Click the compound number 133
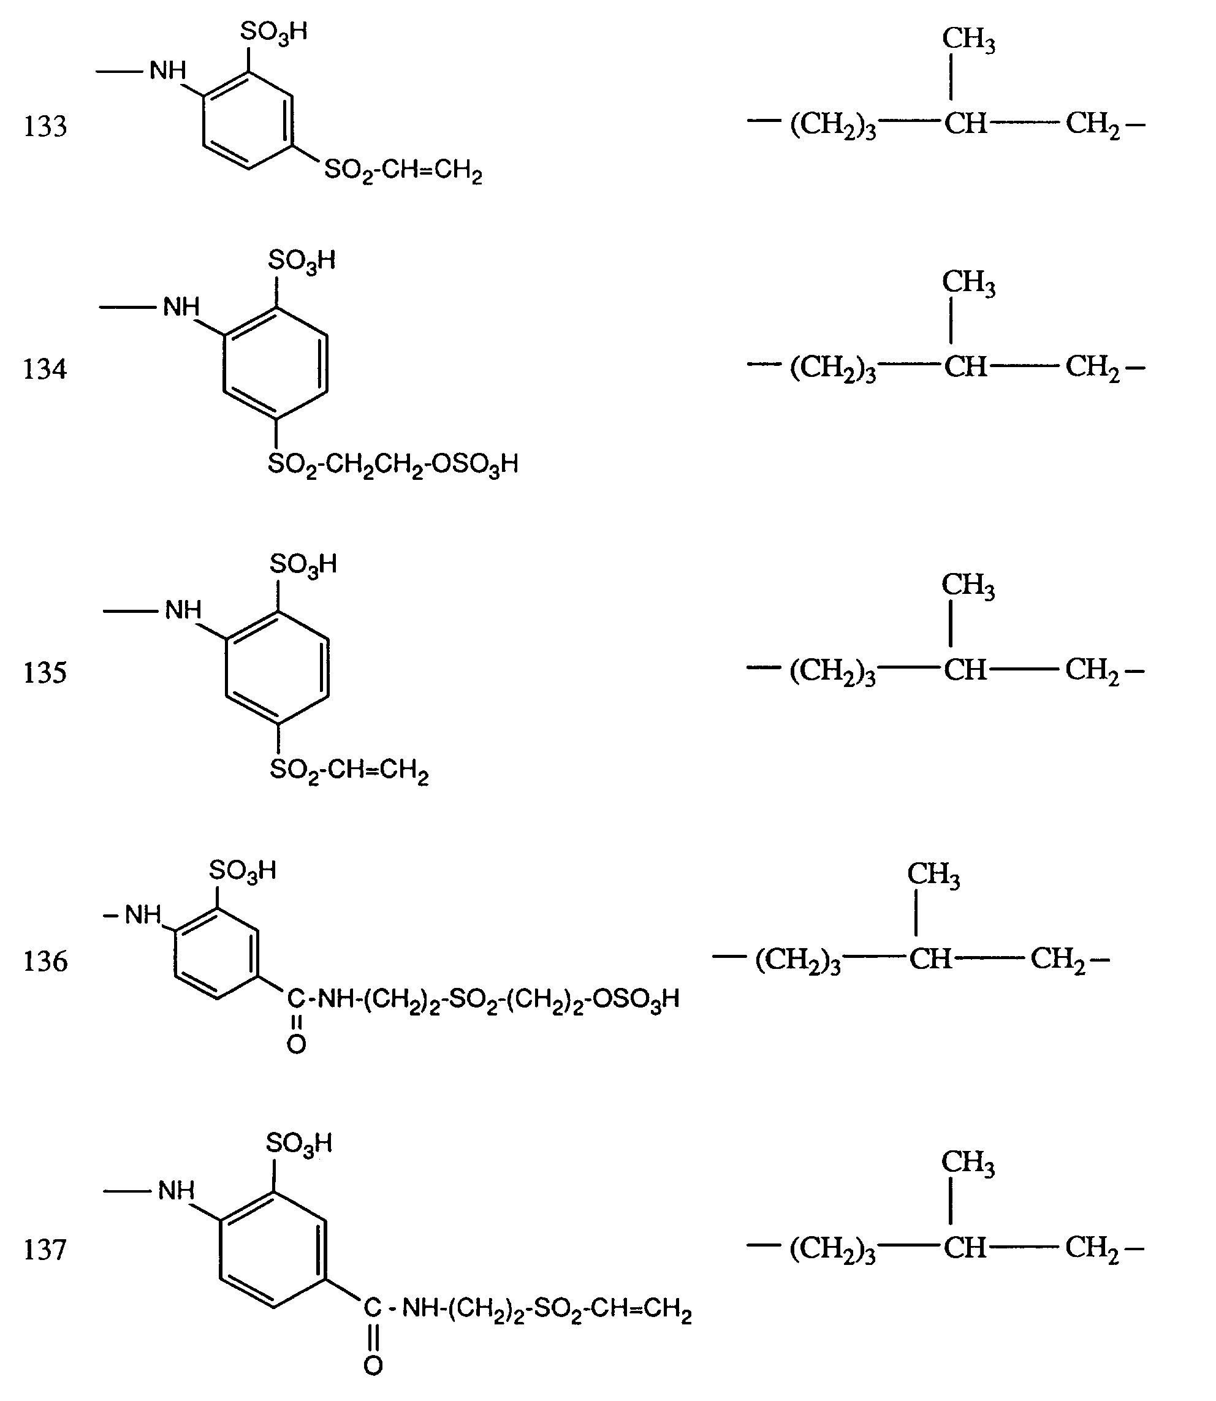[45, 126]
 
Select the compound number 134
[45, 369]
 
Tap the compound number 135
[45, 672]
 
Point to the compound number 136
[45, 962]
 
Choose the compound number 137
[45, 1250]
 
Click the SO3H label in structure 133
[274, 32]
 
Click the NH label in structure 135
[183, 610]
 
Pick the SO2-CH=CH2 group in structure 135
[349, 771]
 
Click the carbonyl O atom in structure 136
[297, 1045]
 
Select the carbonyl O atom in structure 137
[373, 1365]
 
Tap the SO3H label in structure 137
[299, 1144]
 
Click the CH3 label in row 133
[968, 39]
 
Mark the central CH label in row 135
[965, 670]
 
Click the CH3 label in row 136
[933, 875]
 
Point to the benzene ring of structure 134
[276, 363]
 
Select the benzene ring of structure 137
[273, 1250]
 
